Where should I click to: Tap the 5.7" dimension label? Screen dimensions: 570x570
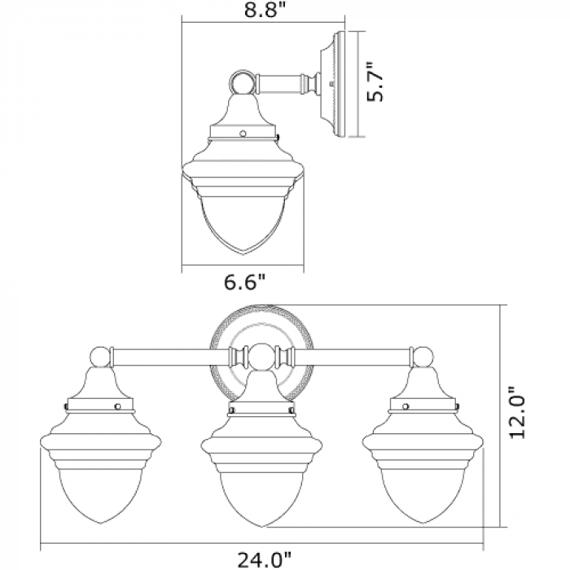coord(375,81)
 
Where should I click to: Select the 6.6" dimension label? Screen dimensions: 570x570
coord(244,282)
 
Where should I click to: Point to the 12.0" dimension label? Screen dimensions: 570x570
coord(517,412)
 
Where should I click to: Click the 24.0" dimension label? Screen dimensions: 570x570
coord(265,559)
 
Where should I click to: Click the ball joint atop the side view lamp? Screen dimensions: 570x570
coord(243,81)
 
